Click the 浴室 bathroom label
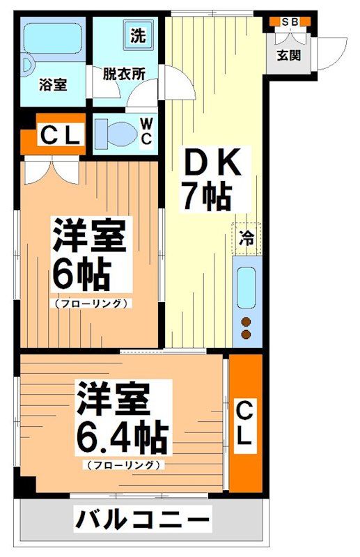pos(54,85)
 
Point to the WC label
pos(146,131)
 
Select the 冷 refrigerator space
pos(247,237)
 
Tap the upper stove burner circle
pos(246,322)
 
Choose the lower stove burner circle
pos(246,335)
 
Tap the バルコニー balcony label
pos(142,519)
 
